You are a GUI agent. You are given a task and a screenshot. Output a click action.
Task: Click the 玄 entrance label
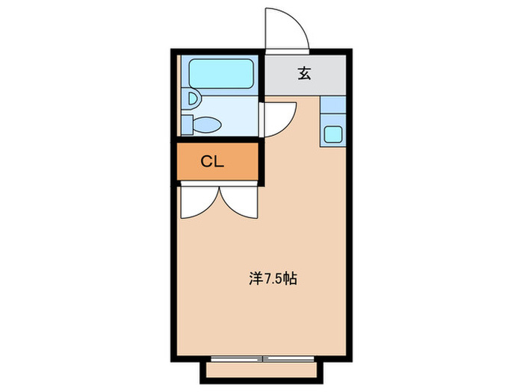tap(305, 74)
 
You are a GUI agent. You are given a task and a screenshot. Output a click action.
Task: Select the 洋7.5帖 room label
tap(273, 279)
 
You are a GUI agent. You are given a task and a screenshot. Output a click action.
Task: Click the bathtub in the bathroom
tap(223, 74)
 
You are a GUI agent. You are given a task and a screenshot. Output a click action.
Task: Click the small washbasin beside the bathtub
tap(193, 98)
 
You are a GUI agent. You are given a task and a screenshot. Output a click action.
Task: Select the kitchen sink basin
tap(333, 135)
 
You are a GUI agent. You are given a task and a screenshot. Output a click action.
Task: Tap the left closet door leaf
tap(199, 202)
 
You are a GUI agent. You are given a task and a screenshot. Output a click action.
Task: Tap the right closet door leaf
tap(238, 202)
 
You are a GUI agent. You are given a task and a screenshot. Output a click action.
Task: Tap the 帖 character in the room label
tap(291, 279)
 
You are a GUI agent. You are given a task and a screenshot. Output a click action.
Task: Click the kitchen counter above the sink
tap(333, 108)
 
